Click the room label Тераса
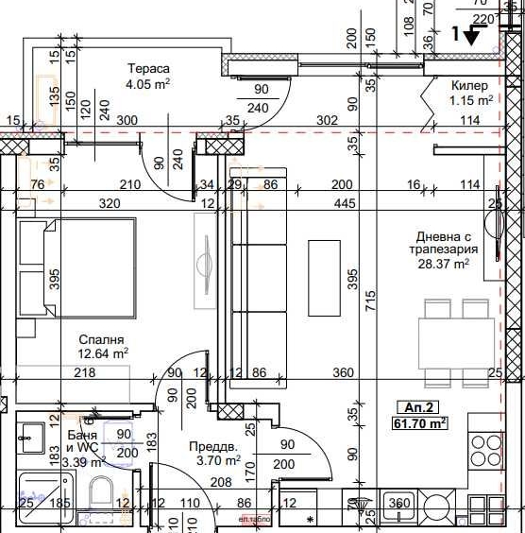[x=149, y=69]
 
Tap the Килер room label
[x=469, y=85]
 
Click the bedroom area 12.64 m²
[x=103, y=353]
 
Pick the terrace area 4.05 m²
[x=148, y=84]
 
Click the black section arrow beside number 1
[x=474, y=36]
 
